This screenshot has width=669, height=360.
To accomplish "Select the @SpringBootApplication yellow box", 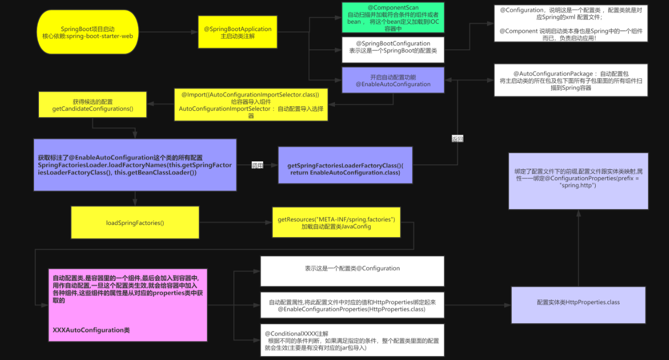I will (238, 32).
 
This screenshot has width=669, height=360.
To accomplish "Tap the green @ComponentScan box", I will (393, 18).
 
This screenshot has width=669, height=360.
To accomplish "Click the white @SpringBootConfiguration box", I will (393, 50).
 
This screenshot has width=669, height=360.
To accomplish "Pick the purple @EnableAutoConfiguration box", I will (393, 81).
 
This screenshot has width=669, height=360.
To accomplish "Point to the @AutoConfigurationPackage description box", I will (571, 80).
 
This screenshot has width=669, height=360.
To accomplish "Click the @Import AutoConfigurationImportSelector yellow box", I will (251, 104).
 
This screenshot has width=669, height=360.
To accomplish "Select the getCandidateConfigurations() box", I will (92, 104).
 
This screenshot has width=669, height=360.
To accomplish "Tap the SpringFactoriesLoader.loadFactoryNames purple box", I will (135, 165).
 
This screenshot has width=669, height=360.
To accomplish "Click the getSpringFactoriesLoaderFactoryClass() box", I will (345, 165).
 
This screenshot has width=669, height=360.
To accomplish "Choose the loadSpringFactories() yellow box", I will (135, 223).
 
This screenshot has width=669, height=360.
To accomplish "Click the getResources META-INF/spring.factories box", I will (336, 222).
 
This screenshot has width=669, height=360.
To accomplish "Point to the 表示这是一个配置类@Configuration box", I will (352, 271).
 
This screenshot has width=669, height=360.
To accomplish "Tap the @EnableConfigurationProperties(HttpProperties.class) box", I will (352, 305).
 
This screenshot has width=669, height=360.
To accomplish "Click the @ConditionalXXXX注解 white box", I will (352, 340).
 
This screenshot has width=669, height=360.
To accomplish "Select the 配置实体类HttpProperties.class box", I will (578, 305).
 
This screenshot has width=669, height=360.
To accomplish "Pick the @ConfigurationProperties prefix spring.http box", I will (578, 181).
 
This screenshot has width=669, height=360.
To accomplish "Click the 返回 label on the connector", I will (457, 139).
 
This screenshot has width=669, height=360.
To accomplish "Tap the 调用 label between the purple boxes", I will (257, 165).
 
